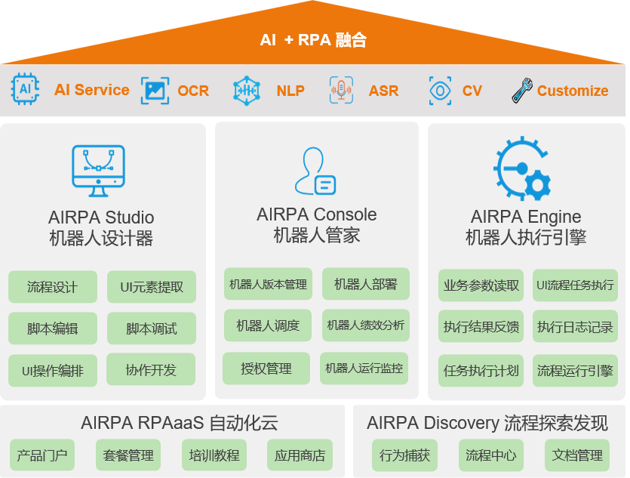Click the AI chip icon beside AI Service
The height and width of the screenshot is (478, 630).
coord(26,89)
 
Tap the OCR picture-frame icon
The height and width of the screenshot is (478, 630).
coord(155,91)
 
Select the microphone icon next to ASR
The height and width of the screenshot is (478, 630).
coord(341,90)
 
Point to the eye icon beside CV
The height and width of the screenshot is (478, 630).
coord(440,91)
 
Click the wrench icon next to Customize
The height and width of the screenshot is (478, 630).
coord(522,90)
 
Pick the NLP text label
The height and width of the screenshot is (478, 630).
coord(290,91)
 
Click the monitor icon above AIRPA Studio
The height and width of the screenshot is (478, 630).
coord(98,171)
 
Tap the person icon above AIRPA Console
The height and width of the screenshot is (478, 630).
coord(315,171)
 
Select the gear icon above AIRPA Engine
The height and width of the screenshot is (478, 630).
coord(522,168)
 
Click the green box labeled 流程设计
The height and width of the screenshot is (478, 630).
coord(53,287)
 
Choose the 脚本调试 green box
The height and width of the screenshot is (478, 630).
coord(152,328)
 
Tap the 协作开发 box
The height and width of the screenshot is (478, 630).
coord(151,369)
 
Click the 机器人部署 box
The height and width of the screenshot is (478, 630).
coord(366,284)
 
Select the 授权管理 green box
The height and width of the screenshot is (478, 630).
coord(266,369)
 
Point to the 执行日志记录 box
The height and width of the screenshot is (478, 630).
coord(575,326)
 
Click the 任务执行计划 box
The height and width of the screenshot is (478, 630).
coord(481,370)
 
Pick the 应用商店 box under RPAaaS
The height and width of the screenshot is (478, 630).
coord(300,455)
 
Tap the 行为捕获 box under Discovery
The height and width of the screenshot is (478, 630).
coord(404,455)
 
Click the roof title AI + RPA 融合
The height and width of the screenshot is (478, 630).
coord(313,40)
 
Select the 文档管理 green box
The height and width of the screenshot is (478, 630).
coord(577,455)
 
